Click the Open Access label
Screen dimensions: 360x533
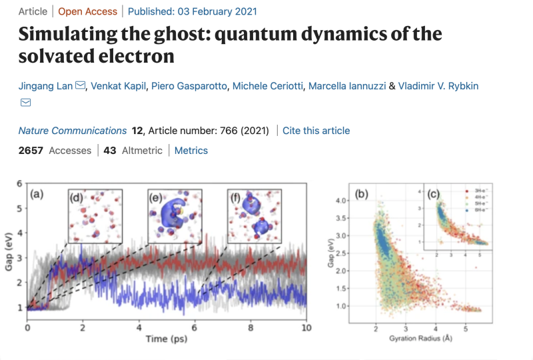point(87,11)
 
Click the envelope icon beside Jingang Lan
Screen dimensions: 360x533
point(81,86)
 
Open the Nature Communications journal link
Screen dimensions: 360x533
point(72,131)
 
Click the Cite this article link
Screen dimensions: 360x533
point(316,131)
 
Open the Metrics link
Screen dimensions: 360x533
point(191,151)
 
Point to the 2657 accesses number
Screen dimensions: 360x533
point(31,151)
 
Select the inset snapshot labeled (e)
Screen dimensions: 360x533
point(175,215)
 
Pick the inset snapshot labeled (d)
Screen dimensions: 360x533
point(95,215)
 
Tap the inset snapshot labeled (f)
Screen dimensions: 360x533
point(254,215)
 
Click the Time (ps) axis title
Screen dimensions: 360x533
point(167,339)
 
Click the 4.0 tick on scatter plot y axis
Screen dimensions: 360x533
point(341,201)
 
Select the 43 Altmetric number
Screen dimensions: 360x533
point(110,151)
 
